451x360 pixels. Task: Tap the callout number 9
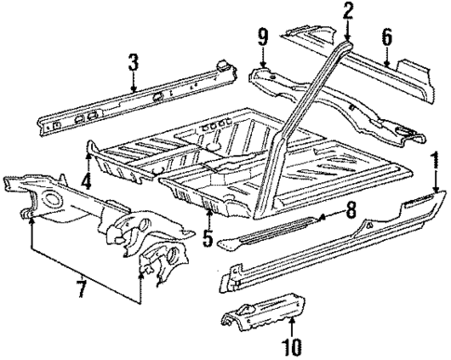pyautogui.click(x=263, y=39)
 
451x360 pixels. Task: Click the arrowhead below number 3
pyautogui.click(x=134, y=89)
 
